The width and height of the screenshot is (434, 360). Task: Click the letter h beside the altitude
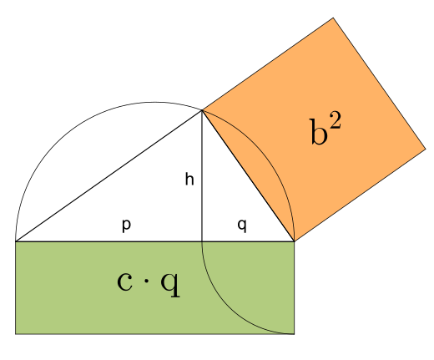click(x=189, y=179)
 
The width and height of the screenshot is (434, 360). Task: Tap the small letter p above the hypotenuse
click(x=126, y=226)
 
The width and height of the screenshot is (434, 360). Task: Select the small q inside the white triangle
click(x=242, y=226)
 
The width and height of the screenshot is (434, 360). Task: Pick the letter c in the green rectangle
click(x=124, y=281)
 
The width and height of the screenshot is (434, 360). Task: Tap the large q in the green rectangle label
click(x=170, y=285)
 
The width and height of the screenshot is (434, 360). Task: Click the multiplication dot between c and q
click(x=146, y=281)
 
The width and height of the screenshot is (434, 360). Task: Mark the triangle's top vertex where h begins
click(x=202, y=110)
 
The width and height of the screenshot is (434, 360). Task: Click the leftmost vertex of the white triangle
click(x=16, y=241)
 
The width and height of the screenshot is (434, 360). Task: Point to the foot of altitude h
click(x=202, y=241)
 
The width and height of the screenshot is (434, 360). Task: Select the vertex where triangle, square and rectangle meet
click(x=294, y=241)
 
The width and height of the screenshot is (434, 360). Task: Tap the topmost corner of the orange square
click(x=333, y=18)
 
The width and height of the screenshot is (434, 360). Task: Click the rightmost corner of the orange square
click(x=426, y=150)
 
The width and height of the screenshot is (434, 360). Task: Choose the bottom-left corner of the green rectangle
click(x=16, y=333)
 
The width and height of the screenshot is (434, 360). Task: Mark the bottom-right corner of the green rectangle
click(x=294, y=333)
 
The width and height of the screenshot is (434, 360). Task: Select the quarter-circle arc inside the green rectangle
click(x=229, y=307)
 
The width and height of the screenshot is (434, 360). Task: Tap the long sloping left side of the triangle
click(x=108, y=176)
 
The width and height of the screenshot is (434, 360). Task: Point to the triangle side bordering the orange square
click(x=248, y=176)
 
